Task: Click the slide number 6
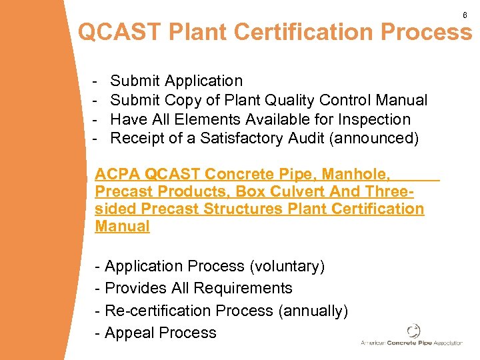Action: coord(465,15)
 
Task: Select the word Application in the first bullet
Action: coord(204,81)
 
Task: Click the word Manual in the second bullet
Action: coord(402,101)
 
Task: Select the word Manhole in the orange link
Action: coord(360,175)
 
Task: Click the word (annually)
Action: coord(313,311)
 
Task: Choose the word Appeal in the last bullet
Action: coord(129,333)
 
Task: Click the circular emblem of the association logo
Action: coord(413,331)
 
